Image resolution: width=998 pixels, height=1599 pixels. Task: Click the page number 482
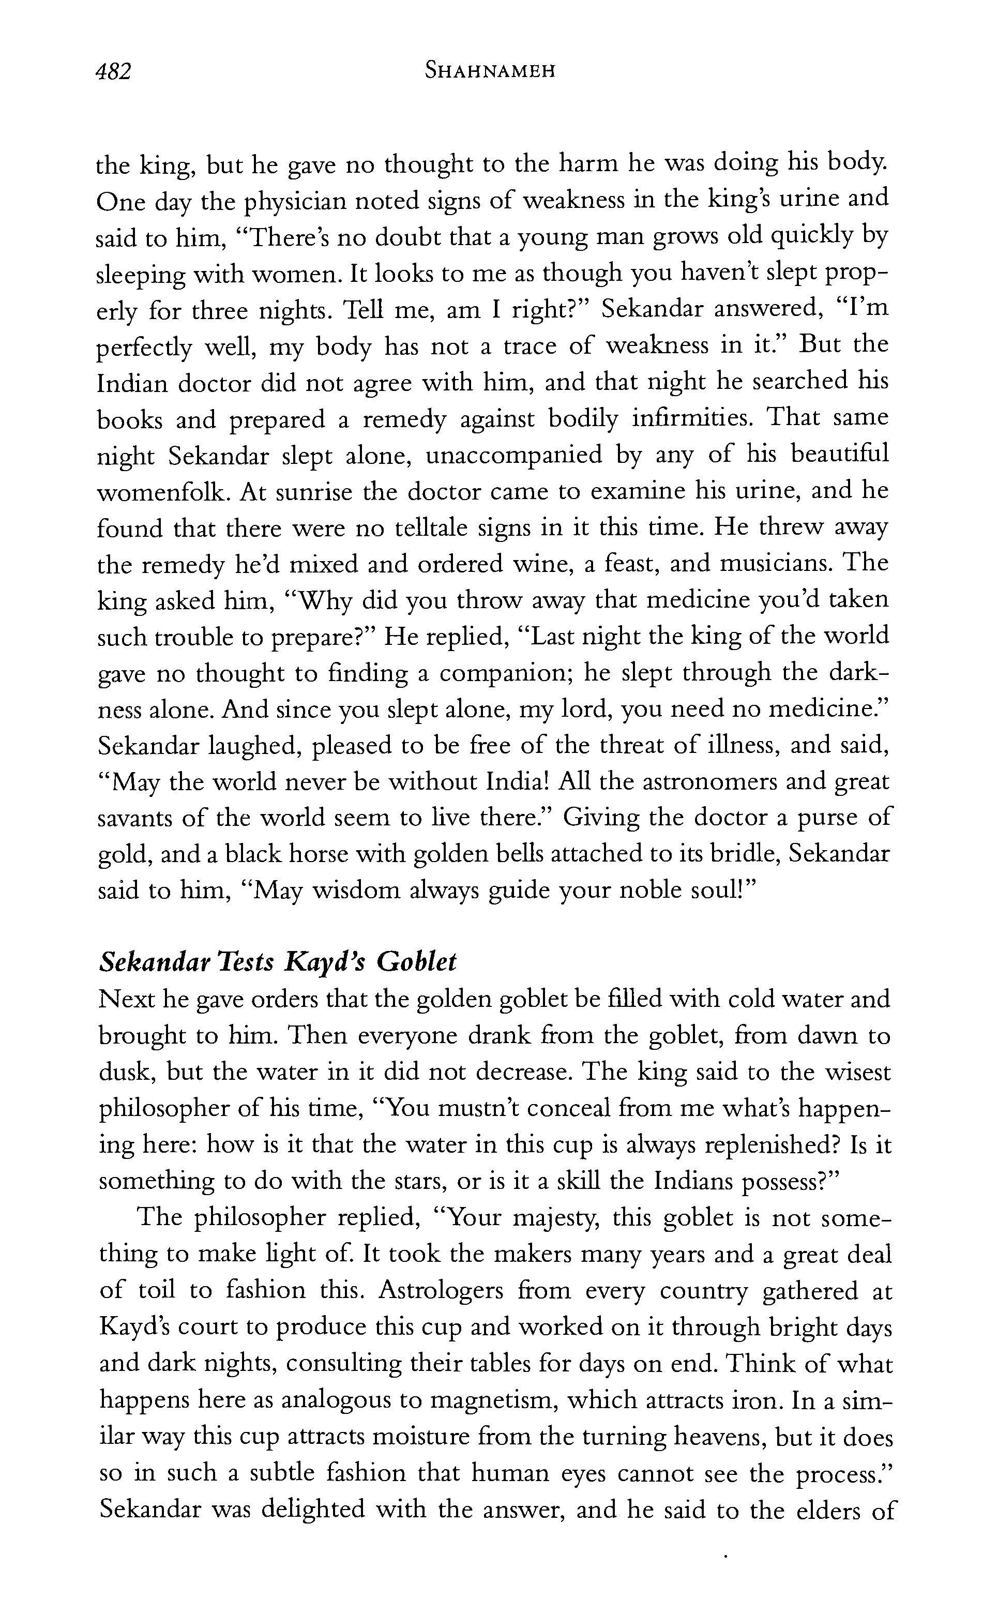[114, 71]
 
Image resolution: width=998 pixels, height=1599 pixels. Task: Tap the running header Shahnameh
[490, 71]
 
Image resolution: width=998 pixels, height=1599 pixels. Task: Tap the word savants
[135, 819]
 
